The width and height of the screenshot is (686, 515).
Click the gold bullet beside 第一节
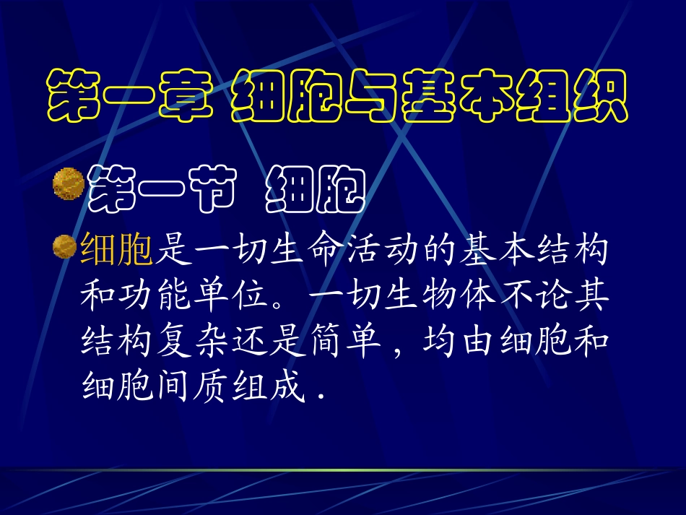(x=66, y=182)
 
